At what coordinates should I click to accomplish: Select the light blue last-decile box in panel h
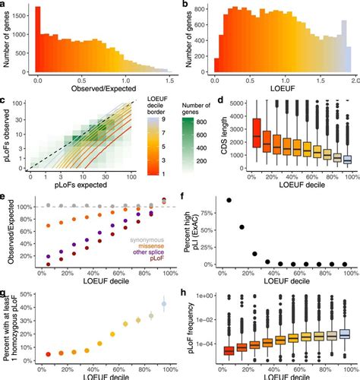click(346, 334)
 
